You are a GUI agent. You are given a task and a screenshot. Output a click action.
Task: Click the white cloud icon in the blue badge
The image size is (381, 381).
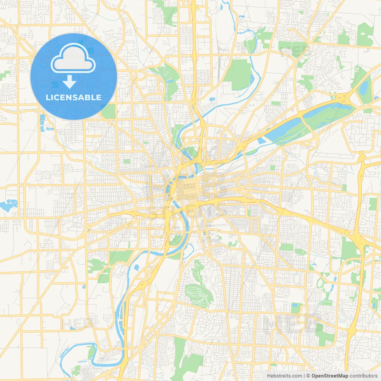[73, 59]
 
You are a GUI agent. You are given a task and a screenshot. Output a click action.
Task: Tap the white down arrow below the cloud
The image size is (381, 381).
[69, 82]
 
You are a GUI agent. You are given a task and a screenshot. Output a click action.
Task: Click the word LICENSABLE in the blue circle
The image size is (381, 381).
[74, 97]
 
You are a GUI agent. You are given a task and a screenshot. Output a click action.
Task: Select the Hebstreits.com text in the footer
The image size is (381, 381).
[284, 376]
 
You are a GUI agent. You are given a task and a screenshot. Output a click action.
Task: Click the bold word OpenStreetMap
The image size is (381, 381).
[330, 376]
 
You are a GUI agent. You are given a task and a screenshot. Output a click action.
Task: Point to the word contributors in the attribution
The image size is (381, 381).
[363, 376]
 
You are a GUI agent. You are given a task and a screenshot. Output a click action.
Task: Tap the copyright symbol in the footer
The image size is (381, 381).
[308, 376]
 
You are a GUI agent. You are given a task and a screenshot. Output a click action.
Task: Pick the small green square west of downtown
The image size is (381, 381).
[127, 161]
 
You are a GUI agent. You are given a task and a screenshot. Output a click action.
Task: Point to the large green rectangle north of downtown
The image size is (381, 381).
[238, 74]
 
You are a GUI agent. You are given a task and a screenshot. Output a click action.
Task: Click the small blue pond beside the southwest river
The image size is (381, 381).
[136, 267]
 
